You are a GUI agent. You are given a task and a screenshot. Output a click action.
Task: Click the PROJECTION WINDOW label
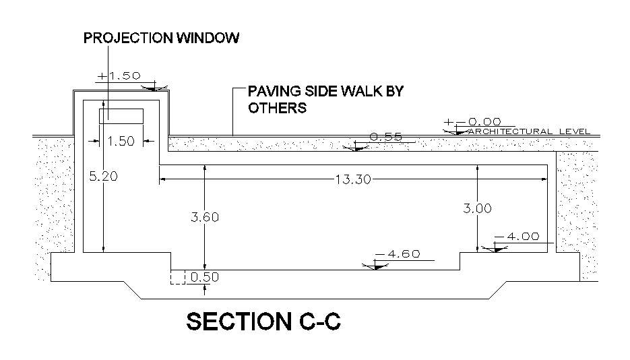click(161, 38)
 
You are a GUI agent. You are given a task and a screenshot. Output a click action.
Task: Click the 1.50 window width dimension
click(121, 141)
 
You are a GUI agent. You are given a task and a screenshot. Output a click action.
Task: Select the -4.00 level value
click(517, 237)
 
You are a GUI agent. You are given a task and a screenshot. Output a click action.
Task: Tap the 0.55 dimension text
click(386, 137)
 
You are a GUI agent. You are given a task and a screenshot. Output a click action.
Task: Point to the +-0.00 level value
click(472, 122)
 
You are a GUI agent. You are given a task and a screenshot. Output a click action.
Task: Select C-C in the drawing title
click(317, 322)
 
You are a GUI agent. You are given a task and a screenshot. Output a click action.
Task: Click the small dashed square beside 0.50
click(177, 277)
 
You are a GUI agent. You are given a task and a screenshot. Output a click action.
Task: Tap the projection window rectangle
click(121, 116)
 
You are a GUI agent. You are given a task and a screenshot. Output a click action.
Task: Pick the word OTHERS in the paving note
click(278, 108)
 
